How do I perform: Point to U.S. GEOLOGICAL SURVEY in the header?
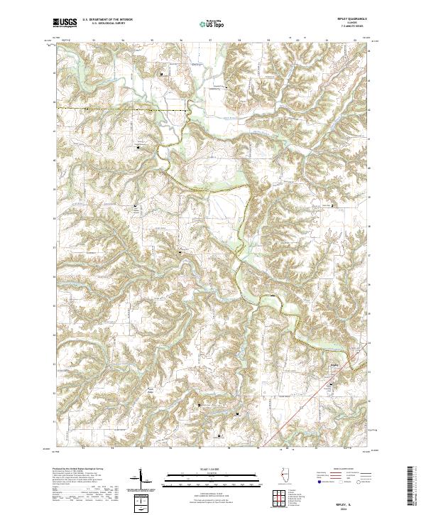(103, 23)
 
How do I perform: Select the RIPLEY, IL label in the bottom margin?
(350, 500)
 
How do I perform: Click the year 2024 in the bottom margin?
(350, 506)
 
